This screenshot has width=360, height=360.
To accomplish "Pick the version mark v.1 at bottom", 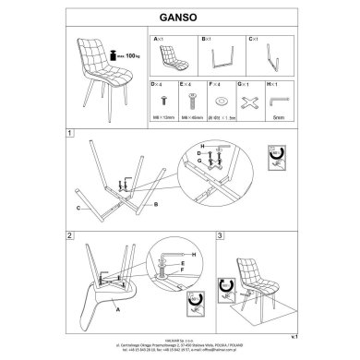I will tap(294, 339).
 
